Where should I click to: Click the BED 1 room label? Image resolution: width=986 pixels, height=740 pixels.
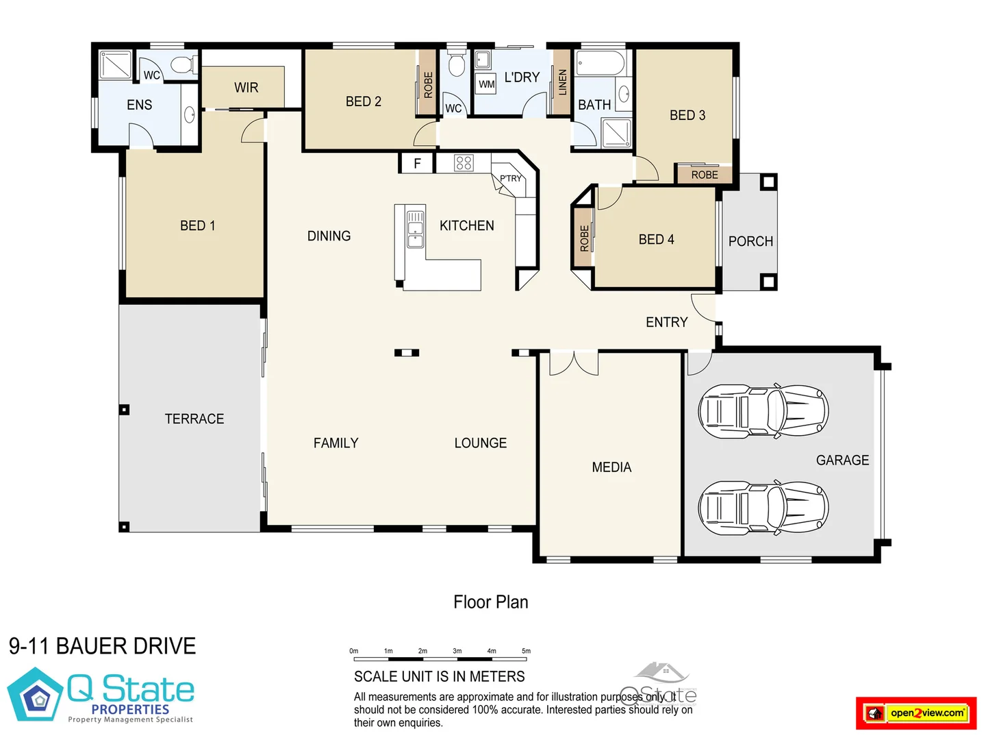click(x=197, y=225)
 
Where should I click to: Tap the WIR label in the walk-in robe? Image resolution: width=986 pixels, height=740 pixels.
click(x=246, y=88)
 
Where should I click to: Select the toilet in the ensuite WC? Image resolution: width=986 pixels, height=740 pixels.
click(x=182, y=65)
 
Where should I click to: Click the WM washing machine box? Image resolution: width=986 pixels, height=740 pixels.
click(x=486, y=84)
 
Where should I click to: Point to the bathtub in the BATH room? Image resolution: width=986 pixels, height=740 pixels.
click(x=600, y=64)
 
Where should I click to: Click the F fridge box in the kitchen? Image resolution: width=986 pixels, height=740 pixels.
click(x=417, y=163)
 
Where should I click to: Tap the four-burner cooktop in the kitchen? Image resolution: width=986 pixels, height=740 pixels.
click(x=464, y=162)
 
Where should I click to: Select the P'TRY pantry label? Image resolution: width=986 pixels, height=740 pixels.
click(x=510, y=178)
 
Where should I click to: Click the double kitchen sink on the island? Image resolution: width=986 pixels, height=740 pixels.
click(x=415, y=229)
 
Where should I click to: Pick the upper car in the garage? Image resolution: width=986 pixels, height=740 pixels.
click(x=763, y=411)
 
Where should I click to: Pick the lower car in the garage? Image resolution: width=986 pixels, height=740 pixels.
click(x=763, y=508)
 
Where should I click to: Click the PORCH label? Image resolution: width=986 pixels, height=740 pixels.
click(x=750, y=241)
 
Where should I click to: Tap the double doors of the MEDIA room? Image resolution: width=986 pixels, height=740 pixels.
click(x=574, y=363)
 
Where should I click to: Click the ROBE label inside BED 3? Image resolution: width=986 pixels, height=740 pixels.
click(x=704, y=175)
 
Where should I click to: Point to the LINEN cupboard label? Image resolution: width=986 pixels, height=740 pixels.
click(x=562, y=82)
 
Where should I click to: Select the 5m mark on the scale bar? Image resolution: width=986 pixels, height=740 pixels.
click(x=526, y=652)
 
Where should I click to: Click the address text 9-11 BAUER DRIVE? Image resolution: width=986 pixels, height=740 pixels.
click(x=102, y=645)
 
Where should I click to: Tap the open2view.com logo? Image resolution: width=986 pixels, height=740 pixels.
click(x=916, y=713)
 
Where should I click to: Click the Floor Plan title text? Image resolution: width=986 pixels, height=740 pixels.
click(x=490, y=602)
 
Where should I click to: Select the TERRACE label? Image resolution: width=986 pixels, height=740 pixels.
click(x=194, y=419)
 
